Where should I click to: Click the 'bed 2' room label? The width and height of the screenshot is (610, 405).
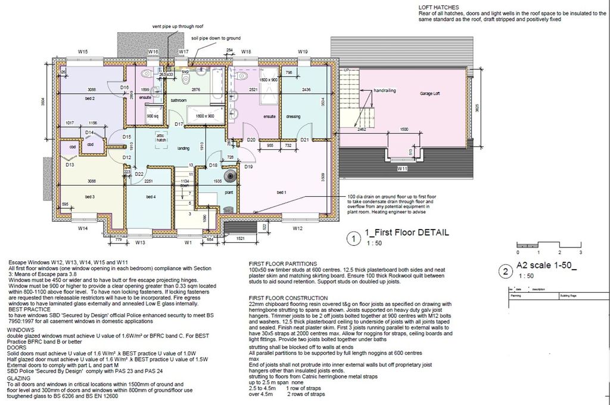point(91,98)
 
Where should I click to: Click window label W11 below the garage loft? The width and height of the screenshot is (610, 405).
point(402,169)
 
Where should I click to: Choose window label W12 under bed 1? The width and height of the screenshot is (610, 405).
point(298,228)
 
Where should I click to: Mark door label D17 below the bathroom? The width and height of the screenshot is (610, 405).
point(178,124)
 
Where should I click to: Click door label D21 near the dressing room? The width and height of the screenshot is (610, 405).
point(304,140)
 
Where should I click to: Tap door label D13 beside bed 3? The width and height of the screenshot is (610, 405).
point(70,165)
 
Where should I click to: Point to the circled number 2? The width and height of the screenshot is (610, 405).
point(505,273)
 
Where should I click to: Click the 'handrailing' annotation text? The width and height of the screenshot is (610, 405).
point(385,91)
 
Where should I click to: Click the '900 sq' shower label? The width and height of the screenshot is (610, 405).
point(152,116)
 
